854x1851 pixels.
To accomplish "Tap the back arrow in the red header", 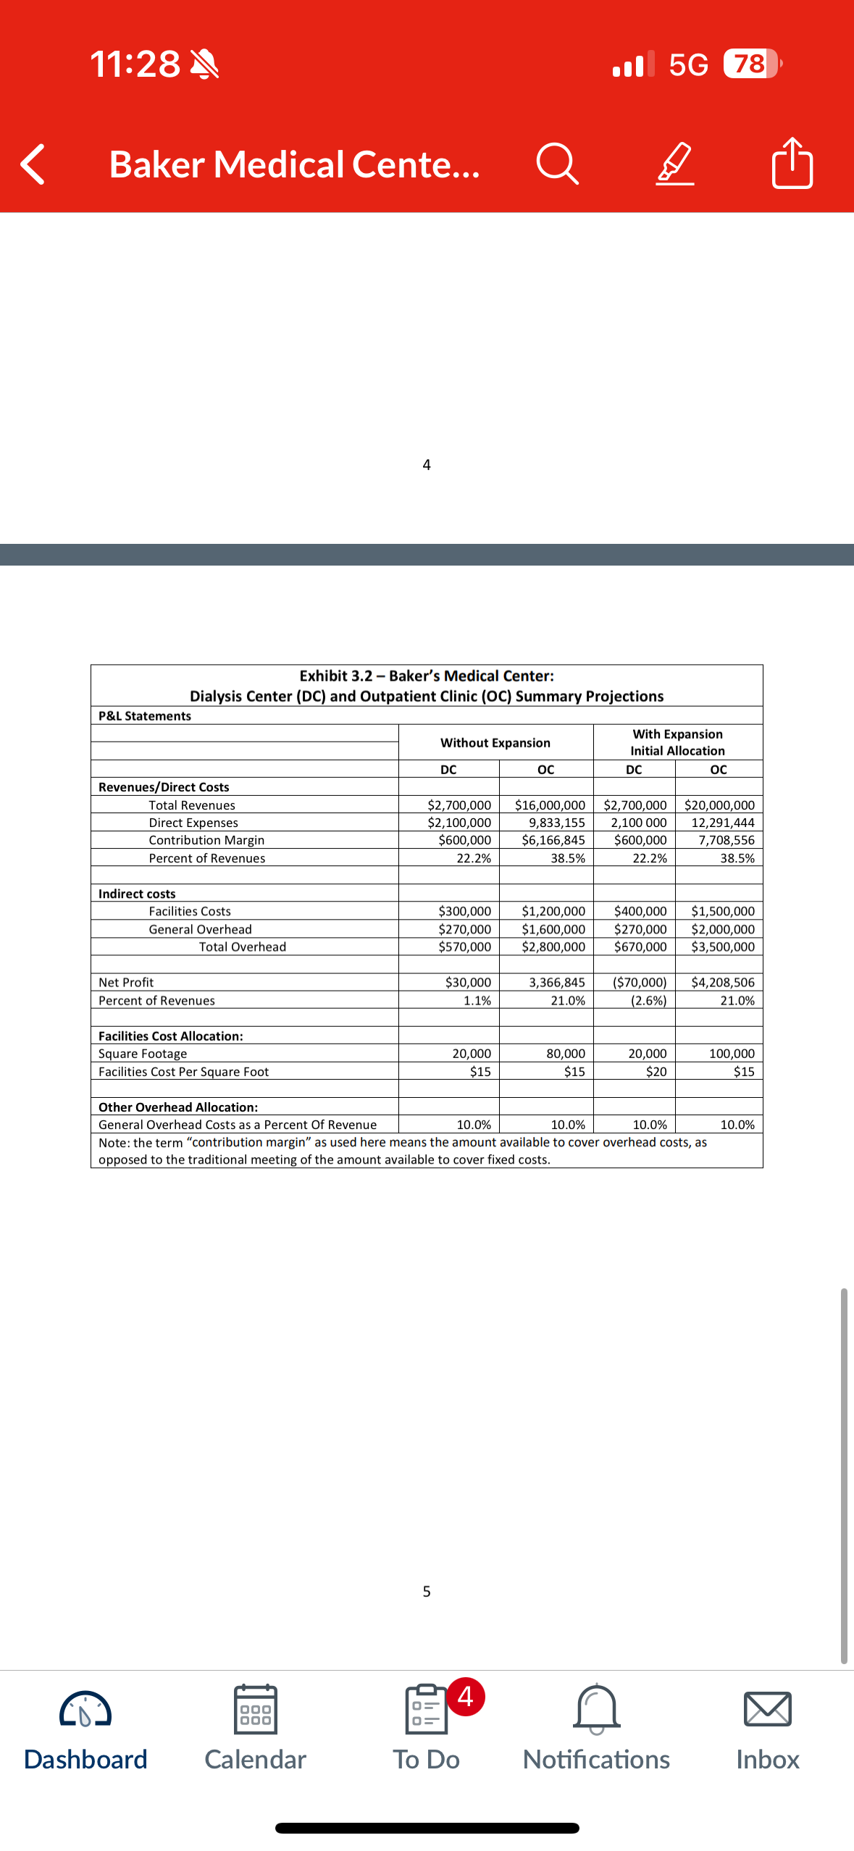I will [x=33, y=164].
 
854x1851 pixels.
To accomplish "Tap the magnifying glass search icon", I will [x=557, y=164].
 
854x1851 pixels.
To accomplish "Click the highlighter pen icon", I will [x=675, y=164].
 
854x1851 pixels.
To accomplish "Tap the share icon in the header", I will [x=792, y=163].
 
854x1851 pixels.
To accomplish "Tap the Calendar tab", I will [x=255, y=1727].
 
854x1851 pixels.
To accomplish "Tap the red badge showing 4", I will [x=465, y=1696].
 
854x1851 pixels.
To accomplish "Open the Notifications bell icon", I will [x=596, y=1709].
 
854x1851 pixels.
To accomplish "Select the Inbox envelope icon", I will [x=767, y=1709].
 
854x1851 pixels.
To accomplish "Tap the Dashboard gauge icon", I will [x=85, y=1709].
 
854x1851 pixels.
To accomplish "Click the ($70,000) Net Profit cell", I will [x=640, y=982].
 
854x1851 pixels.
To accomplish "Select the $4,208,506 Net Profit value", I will [x=722, y=982].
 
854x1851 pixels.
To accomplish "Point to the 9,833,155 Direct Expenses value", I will [x=556, y=823].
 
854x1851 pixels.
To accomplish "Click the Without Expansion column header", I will [x=495, y=742].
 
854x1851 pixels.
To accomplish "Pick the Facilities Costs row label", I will [x=190, y=911].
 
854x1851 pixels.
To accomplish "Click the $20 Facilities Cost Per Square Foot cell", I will [x=656, y=1071].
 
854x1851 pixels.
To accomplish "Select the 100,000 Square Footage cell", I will [x=732, y=1054].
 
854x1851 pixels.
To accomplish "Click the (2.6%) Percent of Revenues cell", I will [x=648, y=1000].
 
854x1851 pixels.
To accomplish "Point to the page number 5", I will [x=427, y=1591].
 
